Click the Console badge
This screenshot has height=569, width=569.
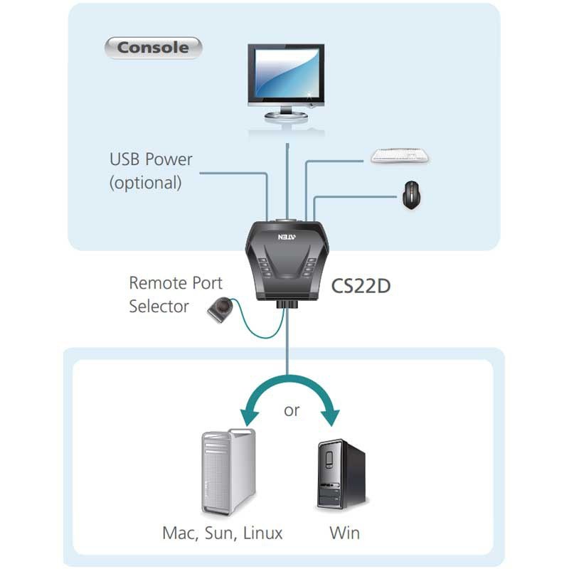(153, 48)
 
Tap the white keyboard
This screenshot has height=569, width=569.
(400, 156)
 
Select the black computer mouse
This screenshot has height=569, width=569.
(411, 194)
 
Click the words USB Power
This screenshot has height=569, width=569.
(151, 159)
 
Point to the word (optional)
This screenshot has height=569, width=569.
(145, 183)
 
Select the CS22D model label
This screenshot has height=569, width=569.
(361, 286)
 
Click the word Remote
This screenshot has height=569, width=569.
(156, 282)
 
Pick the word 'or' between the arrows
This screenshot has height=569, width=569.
(292, 410)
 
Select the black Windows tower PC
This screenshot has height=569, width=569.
(340, 474)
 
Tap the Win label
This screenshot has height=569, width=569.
(344, 532)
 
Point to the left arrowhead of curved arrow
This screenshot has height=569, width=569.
(248, 420)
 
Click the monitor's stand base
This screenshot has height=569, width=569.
(287, 115)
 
